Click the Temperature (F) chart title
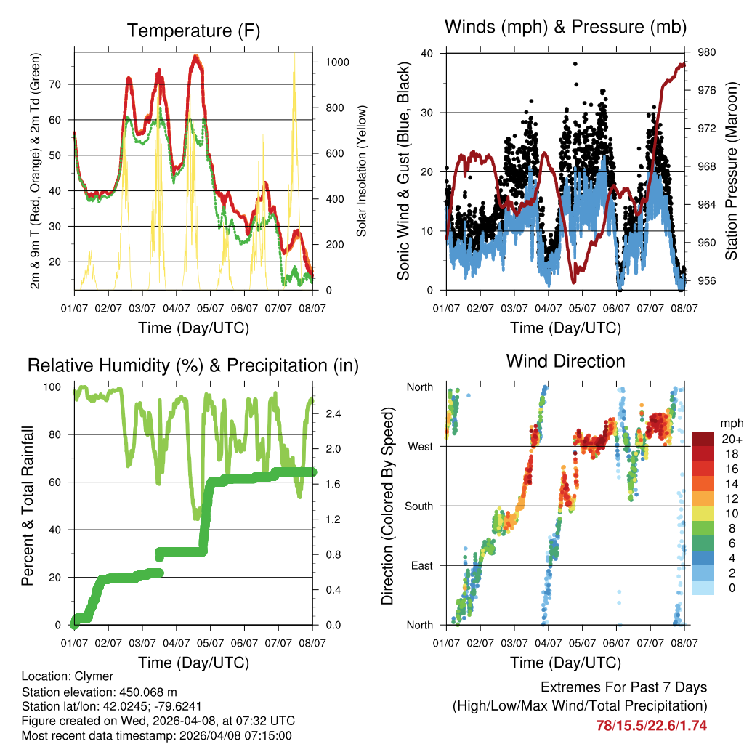[193, 31]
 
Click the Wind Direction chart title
[565, 361]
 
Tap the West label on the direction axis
[419, 447]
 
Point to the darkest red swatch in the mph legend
[703, 438]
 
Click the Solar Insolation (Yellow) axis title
[361, 171]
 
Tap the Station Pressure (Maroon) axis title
[732, 171]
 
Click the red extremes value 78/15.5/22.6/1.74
[651, 725]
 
